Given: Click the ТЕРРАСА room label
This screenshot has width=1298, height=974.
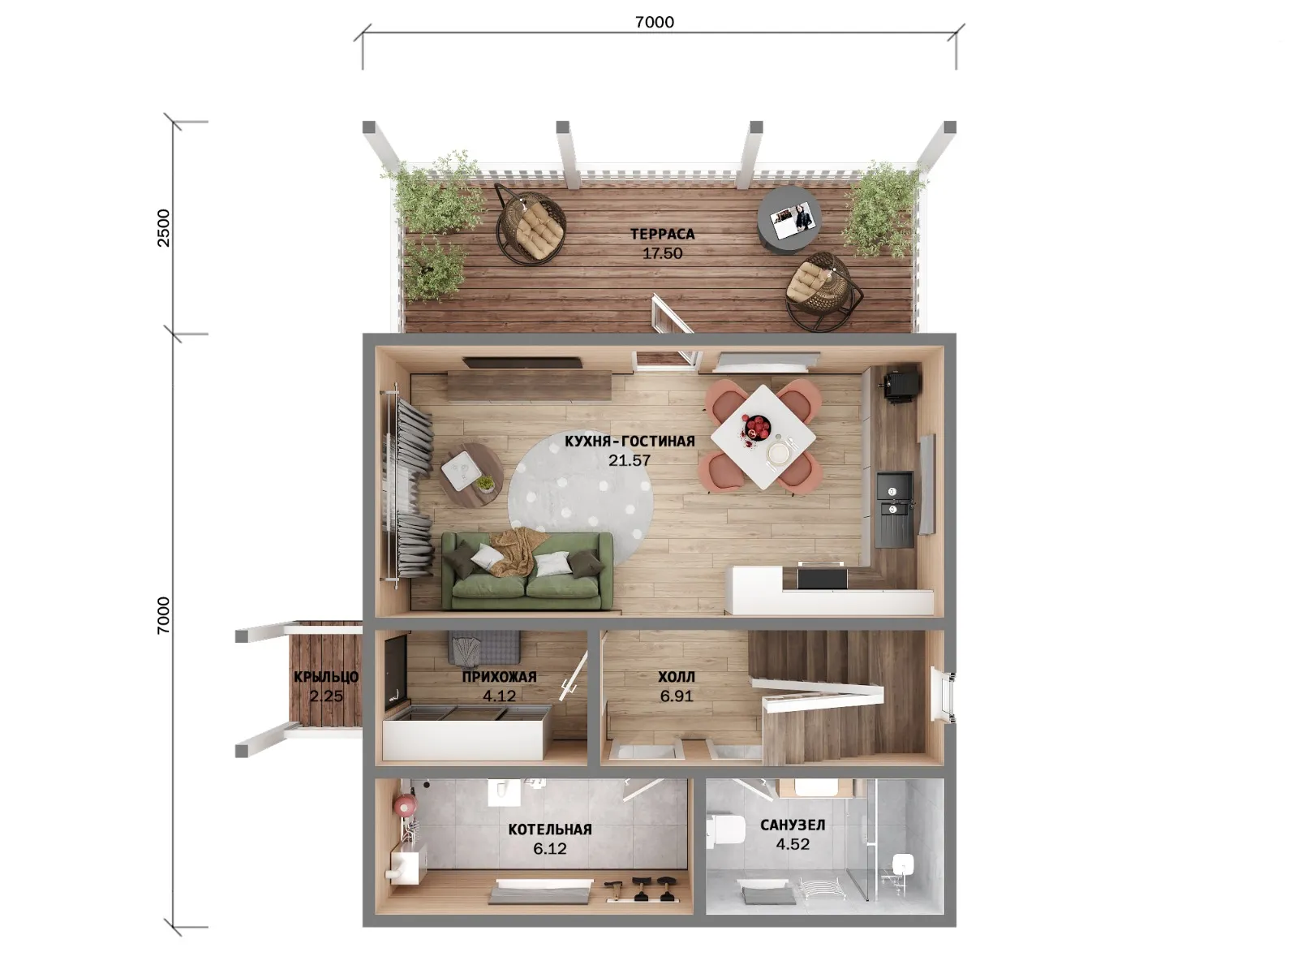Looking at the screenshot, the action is click(662, 235).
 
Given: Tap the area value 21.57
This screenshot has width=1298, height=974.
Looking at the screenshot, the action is click(630, 460).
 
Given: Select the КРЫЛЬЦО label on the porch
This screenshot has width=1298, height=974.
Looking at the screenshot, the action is click(326, 677).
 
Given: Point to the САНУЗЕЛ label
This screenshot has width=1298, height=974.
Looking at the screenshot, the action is click(793, 825).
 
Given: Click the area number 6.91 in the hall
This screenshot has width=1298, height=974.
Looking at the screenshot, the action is click(677, 696).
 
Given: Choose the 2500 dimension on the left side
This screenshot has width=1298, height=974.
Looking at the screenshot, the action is click(163, 228).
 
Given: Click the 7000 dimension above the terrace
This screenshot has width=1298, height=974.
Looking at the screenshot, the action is click(655, 22).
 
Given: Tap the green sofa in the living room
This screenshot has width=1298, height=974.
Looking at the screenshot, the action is click(527, 570).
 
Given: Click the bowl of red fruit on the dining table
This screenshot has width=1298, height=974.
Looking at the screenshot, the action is click(756, 426).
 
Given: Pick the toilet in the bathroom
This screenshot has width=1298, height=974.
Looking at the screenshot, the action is click(727, 829).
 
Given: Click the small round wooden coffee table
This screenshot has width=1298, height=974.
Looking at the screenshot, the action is click(472, 475).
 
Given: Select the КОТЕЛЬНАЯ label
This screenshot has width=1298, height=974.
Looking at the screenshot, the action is click(550, 830).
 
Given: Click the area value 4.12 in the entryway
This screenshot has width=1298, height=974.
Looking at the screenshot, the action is click(499, 696).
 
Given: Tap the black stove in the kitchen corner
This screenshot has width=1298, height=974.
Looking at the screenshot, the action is click(902, 386).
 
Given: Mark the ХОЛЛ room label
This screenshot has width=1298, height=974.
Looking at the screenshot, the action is click(677, 677).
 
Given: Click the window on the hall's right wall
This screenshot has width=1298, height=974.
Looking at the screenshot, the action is click(943, 694).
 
